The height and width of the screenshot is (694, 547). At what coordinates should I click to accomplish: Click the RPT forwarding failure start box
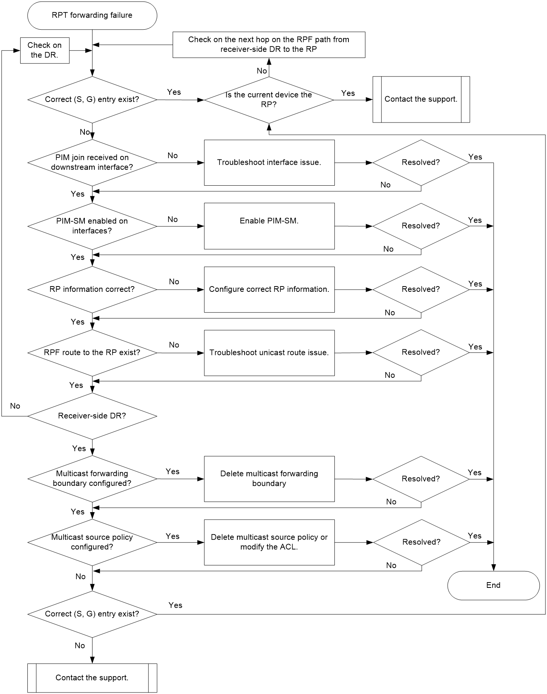click(x=92, y=15)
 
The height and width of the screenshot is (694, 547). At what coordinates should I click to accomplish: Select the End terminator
click(x=493, y=585)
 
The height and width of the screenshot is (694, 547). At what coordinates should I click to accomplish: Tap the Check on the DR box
click(x=45, y=50)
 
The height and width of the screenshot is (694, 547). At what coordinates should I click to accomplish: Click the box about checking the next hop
click(x=269, y=45)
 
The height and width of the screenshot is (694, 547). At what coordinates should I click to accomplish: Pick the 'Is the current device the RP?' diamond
click(x=269, y=100)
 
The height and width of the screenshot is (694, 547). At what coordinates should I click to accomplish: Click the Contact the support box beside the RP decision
click(x=421, y=99)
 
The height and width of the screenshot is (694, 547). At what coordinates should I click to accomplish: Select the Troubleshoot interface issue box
click(x=269, y=162)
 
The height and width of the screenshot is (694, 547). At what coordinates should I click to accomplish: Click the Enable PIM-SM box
click(x=269, y=226)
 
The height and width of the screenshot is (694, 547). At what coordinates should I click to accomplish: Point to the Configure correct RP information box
click(x=269, y=290)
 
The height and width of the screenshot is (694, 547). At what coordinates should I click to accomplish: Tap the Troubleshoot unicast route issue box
click(x=269, y=353)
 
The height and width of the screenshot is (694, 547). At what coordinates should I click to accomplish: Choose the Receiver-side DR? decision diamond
click(x=92, y=416)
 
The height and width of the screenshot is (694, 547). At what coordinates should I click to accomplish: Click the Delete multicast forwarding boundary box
click(x=269, y=479)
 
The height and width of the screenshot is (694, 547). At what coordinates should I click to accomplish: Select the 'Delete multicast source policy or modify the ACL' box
click(x=269, y=542)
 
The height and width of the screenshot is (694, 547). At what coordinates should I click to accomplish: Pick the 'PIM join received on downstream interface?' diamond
click(x=92, y=162)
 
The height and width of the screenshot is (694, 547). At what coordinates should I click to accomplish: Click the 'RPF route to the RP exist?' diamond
click(x=92, y=353)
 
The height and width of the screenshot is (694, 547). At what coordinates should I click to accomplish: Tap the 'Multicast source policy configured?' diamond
click(x=92, y=542)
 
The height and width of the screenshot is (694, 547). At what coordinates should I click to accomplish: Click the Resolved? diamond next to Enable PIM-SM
click(x=421, y=226)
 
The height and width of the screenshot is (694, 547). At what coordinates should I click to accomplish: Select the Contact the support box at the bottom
click(x=92, y=678)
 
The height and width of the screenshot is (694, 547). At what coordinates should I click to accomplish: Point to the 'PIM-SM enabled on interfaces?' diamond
click(x=92, y=226)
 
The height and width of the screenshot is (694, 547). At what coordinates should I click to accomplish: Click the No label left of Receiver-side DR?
click(x=15, y=406)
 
